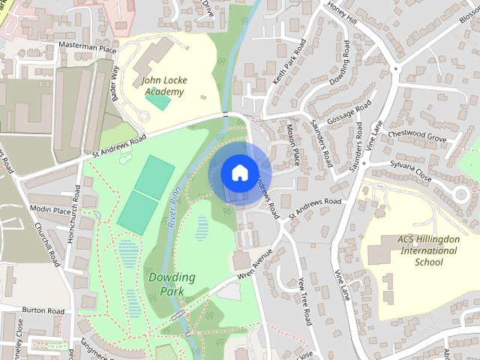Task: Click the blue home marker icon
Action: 239,172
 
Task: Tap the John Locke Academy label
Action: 164,86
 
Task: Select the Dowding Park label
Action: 171,283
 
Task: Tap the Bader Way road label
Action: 115,74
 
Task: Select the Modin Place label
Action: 50,210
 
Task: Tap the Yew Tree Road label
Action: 303,300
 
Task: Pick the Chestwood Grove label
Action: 418,139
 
